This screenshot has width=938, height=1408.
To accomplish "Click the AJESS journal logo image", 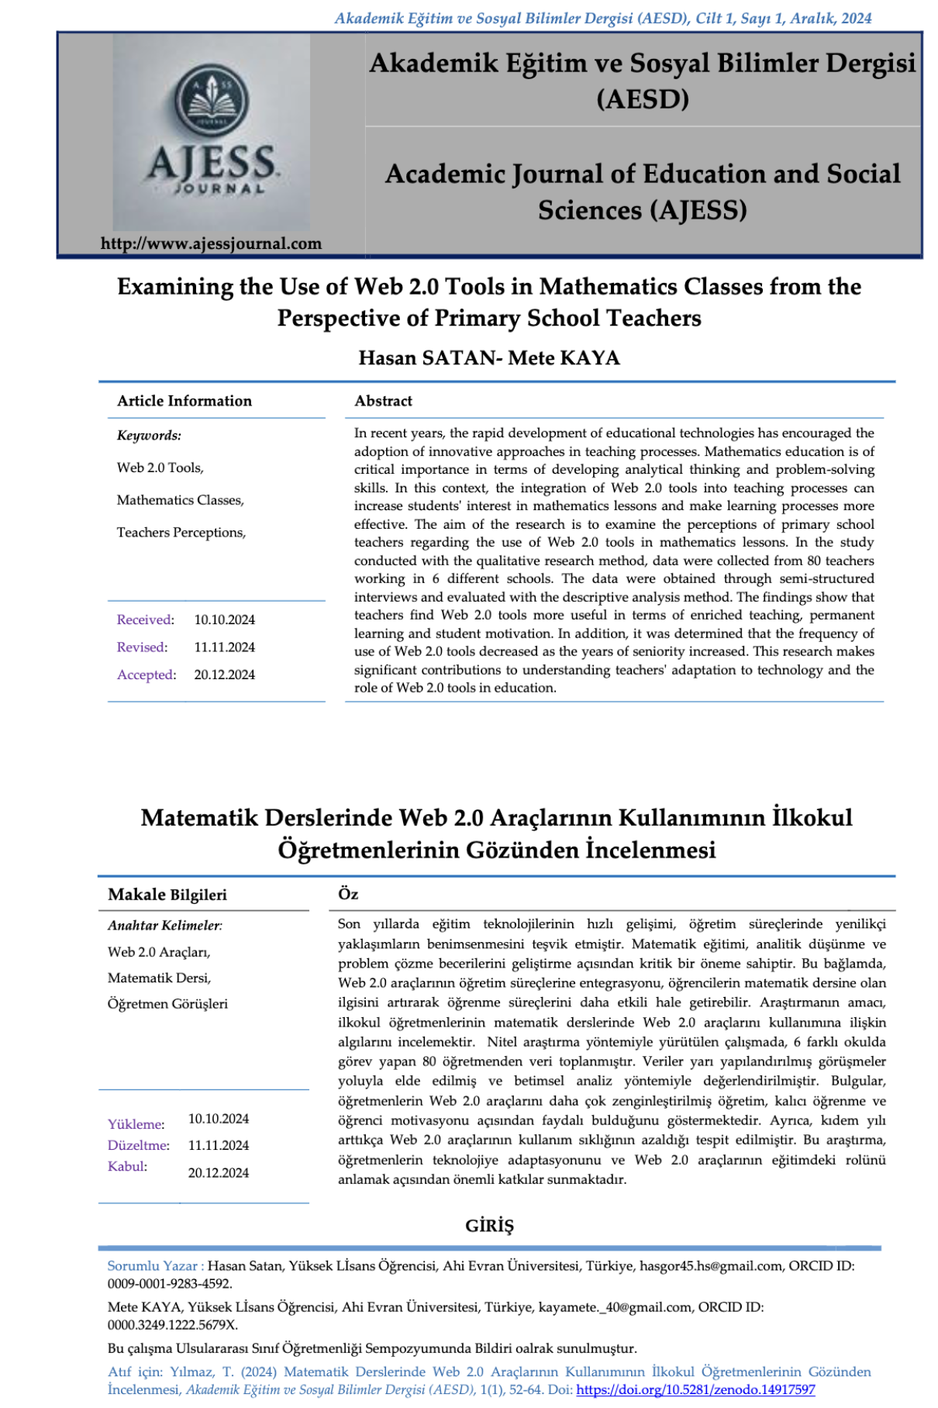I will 211,132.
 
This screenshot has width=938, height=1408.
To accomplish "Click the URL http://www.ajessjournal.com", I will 211,243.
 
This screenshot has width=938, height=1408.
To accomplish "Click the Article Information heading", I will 184,401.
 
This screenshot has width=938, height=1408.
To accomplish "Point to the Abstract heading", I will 383,401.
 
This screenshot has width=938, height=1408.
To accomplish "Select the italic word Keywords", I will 149,436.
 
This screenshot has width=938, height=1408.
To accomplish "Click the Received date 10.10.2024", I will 224,620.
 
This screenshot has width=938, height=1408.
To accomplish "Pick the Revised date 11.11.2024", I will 224,647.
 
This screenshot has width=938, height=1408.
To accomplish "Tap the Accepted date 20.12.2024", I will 224,675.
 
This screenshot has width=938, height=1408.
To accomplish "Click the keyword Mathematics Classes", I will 180,501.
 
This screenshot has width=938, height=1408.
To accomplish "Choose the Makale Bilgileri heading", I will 167,895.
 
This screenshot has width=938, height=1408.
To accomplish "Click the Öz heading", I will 348,894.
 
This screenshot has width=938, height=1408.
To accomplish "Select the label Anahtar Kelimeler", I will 164,926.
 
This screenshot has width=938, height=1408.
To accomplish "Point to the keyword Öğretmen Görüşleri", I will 167,1004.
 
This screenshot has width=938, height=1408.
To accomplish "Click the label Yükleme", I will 136,1124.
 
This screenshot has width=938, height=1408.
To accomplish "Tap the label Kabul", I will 127,1167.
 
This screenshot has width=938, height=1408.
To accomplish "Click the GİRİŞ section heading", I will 489,1226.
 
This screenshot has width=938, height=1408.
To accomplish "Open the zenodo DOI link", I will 695,1390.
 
